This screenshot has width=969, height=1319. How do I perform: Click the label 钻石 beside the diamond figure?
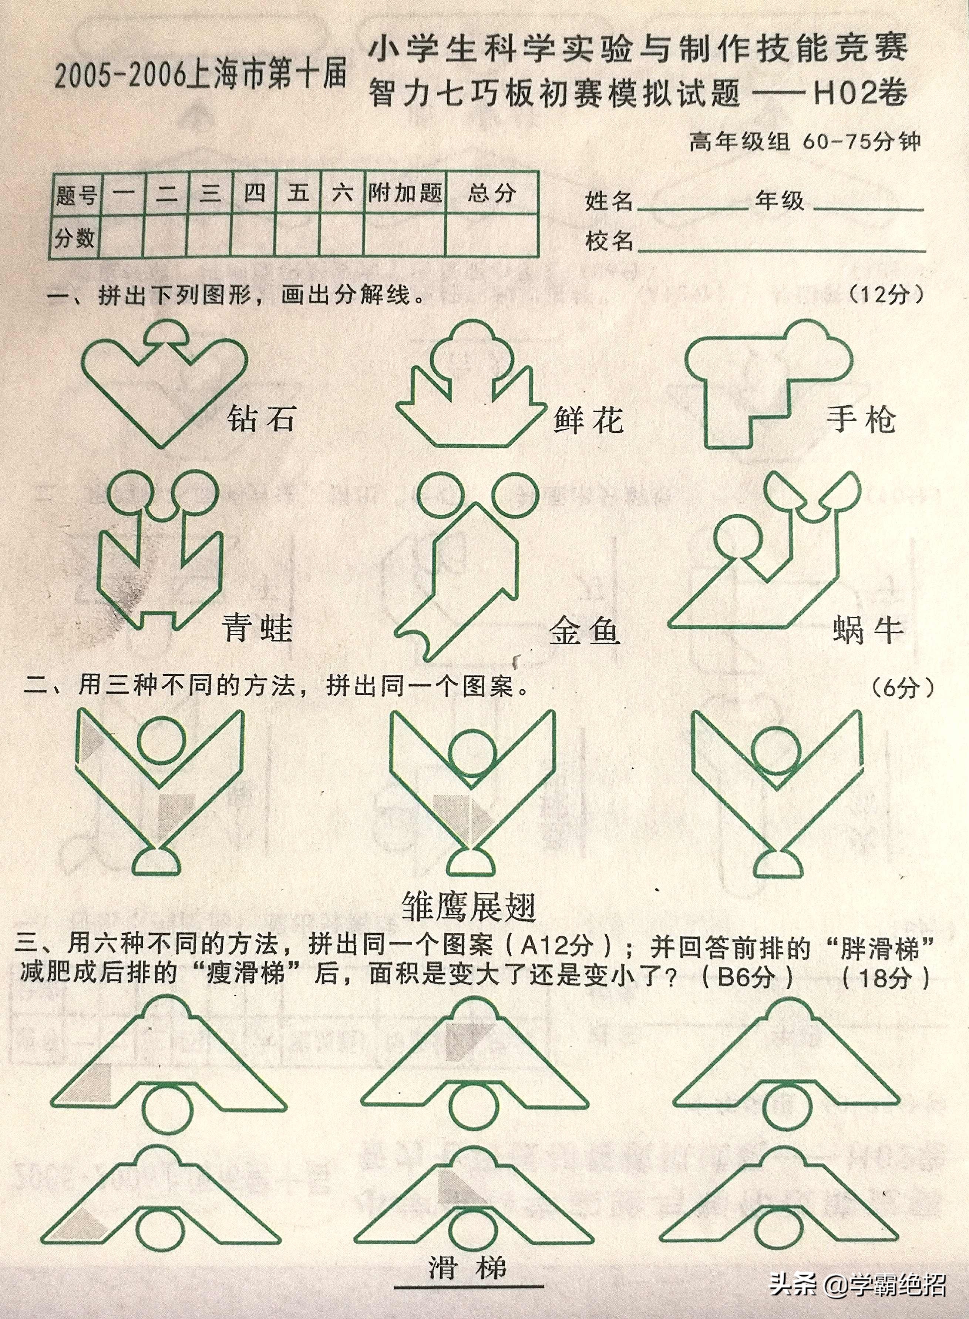click(260, 419)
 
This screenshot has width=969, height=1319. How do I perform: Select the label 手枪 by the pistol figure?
click(861, 419)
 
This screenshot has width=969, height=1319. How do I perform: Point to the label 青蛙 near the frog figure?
click(256, 628)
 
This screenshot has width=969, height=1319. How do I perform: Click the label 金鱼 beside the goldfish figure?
click(584, 632)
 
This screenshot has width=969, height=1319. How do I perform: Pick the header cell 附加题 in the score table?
click(405, 193)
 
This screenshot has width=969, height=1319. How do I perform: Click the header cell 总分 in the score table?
click(492, 193)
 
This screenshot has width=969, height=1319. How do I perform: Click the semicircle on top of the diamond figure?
click(166, 332)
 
